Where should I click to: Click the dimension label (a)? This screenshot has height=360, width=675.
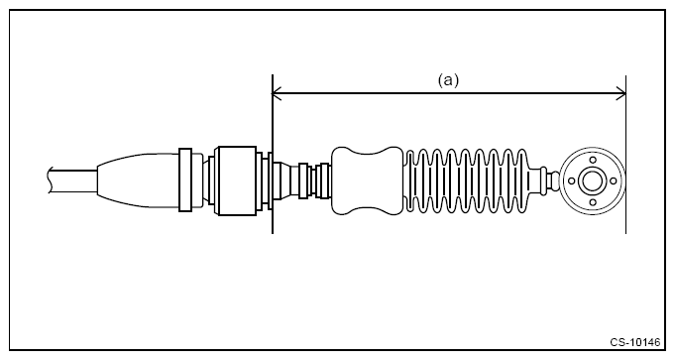click(x=448, y=80)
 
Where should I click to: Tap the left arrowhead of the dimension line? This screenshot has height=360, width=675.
click(x=277, y=93)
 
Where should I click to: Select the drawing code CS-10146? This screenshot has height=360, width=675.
click(x=634, y=342)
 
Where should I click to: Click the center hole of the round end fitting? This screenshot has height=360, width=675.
click(x=592, y=180)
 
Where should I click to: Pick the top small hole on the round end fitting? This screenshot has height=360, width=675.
click(x=593, y=161)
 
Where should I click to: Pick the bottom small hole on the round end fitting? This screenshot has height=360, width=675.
click(x=593, y=202)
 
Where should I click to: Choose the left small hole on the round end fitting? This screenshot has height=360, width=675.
click(x=572, y=180)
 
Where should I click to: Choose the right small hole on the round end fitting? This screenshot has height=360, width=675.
click(x=613, y=180)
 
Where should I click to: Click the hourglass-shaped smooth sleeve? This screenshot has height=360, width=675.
click(x=367, y=180)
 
